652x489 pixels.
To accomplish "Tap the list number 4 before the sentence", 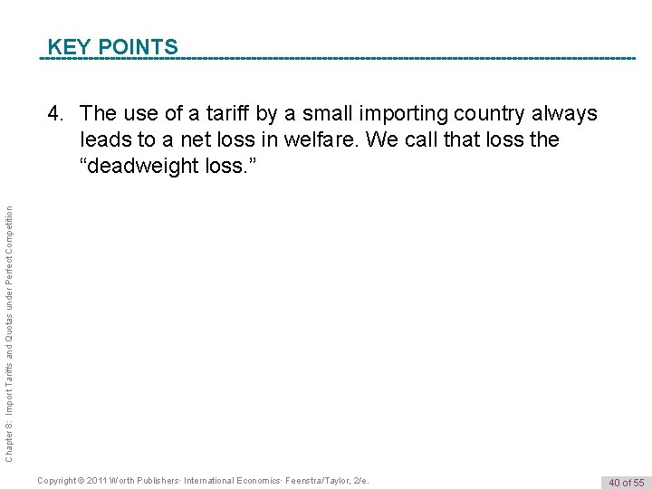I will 55,114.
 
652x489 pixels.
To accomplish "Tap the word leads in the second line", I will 104,140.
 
